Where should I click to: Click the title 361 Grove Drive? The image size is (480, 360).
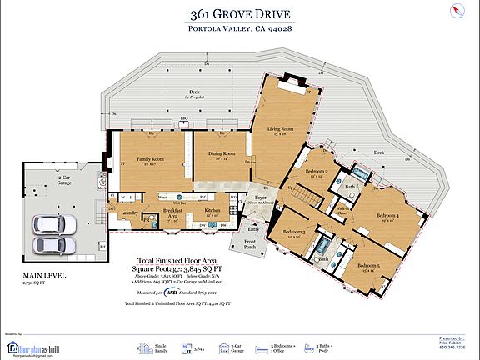[x=240, y=13]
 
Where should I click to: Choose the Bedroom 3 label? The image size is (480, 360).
[x=294, y=232]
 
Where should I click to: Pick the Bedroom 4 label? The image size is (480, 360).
[x=387, y=216]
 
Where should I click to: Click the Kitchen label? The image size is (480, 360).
[x=212, y=211]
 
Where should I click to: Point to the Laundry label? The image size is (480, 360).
[x=129, y=212]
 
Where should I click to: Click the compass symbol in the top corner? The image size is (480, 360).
[x=456, y=10]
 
